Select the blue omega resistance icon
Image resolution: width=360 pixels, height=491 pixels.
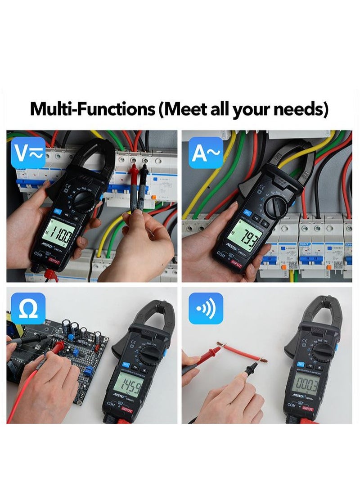[x=27, y=308]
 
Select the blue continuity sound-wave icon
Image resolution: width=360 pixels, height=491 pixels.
[x=206, y=308]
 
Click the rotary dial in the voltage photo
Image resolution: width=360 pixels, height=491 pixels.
[x=84, y=199]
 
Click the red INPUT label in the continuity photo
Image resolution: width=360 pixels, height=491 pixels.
[x=308, y=409]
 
